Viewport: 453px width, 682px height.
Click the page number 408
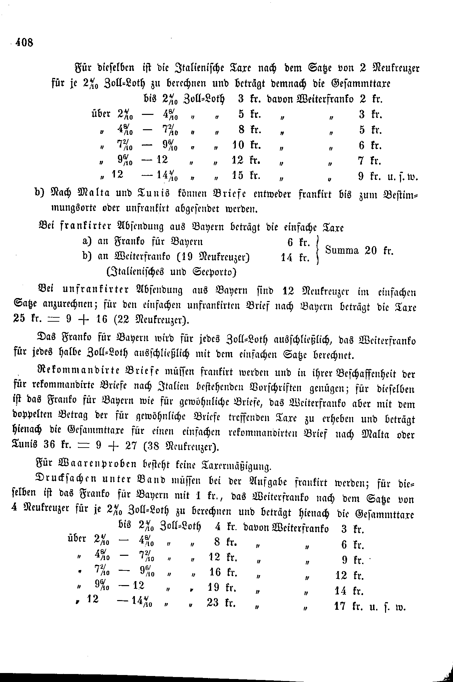pos(23,42)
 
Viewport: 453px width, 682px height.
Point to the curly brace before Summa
pos(317,250)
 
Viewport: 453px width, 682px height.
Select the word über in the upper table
pos(101,114)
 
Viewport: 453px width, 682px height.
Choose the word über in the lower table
pos(77,538)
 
